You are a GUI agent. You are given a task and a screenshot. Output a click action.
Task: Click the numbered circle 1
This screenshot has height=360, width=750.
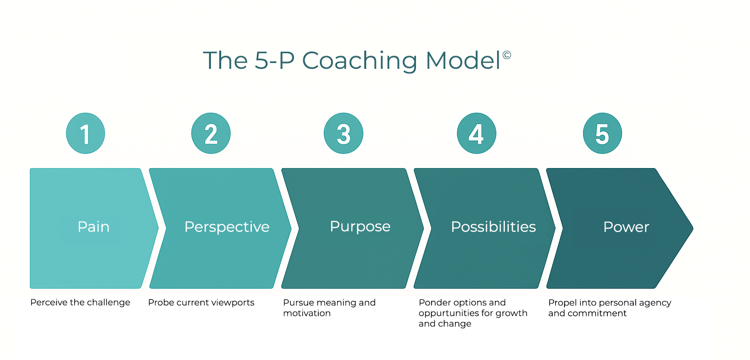tap(85, 133)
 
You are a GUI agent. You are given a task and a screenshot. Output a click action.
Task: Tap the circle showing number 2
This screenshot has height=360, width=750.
tap(211, 133)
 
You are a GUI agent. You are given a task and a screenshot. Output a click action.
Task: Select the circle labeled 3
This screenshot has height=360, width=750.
tap(344, 133)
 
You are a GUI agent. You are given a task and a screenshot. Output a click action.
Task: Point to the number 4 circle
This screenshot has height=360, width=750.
tap(477, 133)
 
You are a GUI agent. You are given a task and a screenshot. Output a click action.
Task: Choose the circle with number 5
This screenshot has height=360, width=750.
tap(603, 133)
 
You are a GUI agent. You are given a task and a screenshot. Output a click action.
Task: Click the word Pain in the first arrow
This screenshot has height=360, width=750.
tap(93, 227)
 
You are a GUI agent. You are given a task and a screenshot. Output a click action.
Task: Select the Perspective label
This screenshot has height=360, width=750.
tap(227, 227)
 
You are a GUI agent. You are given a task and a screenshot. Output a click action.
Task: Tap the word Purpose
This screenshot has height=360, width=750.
tap(360, 227)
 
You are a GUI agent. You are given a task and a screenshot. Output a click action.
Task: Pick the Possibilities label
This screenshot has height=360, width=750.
tap(493, 227)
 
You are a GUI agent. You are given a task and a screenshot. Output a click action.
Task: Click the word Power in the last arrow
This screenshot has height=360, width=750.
tap(626, 227)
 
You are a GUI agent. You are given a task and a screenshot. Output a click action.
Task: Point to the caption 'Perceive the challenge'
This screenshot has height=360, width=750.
tap(80, 302)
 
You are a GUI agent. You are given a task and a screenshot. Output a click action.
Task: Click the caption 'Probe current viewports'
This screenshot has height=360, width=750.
tap(201, 302)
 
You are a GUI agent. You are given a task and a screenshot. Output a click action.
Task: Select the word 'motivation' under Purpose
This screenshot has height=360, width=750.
tap(307, 313)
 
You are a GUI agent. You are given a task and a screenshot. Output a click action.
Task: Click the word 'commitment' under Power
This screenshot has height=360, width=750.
tap(587, 313)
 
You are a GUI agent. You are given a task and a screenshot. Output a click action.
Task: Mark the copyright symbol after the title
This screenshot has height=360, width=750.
tap(506, 55)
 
